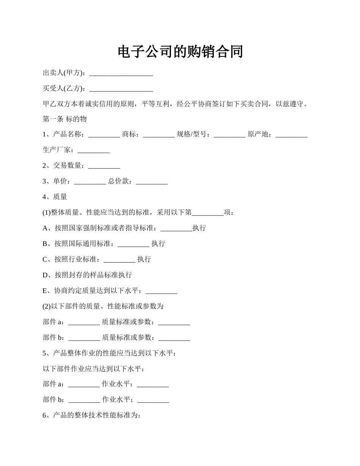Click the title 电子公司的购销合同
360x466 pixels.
(x=180, y=52)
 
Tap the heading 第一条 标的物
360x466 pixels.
(x=65, y=119)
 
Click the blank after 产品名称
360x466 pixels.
(x=104, y=135)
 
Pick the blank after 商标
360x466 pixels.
(x=159, y=135)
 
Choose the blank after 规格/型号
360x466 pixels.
(x=230, y=135)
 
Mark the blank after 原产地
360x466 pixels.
(x=291, y=135)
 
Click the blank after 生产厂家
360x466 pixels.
(x=94, y=150)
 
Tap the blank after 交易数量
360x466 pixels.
(x=104, y=166)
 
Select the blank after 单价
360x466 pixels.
(x=90, y=181)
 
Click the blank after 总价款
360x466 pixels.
(x=152, y=181)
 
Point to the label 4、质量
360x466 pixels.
(x=55, y=197)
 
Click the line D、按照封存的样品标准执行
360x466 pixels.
(x=87, y=275)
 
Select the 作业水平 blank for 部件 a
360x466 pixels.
(x=153, y=385)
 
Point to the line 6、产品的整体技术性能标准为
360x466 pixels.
(x=92, y=415)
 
